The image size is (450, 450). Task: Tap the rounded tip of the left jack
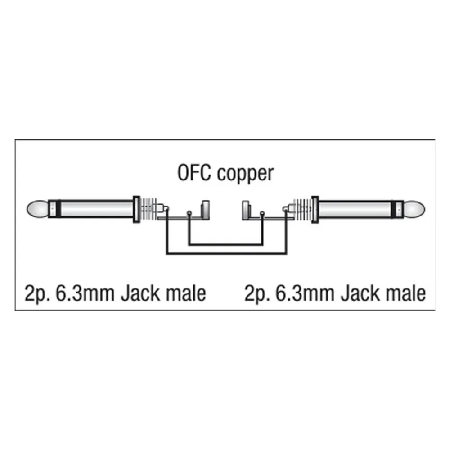[38, 209]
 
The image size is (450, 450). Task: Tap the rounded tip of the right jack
[414, 210]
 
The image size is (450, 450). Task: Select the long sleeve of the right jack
[355, 210]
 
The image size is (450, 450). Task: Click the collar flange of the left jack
[137, 210]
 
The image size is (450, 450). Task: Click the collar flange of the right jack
[315, 210]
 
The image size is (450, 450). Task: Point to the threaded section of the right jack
[303, 210]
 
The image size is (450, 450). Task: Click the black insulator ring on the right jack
[393, 210]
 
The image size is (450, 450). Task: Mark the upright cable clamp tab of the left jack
[206, 210]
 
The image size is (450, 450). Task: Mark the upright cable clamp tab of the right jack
[246, 210]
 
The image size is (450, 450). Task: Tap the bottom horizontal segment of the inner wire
[225, 245]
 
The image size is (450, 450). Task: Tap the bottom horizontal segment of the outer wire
[227, 254]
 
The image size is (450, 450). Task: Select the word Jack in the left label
[140, 293]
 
